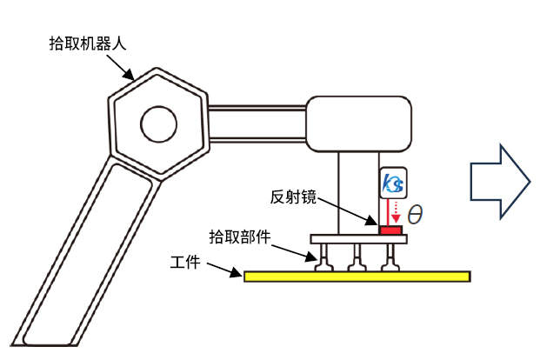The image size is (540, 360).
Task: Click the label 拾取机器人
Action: point(88,44)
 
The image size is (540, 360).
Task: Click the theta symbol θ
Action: point(415,214)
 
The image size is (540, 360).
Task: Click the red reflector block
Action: point(390,230)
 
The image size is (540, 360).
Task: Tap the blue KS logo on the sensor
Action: point(392,184)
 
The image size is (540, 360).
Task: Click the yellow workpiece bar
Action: point(357,277)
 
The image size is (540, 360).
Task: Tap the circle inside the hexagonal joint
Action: point(158,123)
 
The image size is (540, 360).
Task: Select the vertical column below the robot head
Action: point(357,191)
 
